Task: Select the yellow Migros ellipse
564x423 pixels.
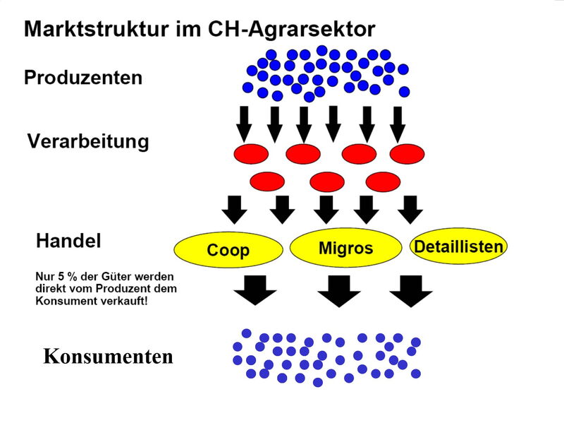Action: pyautogui.click(x=345, y=248)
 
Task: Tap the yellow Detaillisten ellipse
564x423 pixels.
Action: pyautogui.click(x=458, y=247)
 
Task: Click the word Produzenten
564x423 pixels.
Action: pyautogui.click(x=83, y=77)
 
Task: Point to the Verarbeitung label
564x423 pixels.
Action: pyautogui.click(x=88, y=141)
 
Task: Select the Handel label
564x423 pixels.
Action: pyautogui.click(x=68, y=240)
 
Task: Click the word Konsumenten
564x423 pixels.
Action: pyautogui.click(x=108, y=357)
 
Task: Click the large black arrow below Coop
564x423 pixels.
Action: pyautogui.click(x=255, y=289)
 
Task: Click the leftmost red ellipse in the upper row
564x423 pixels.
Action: pyautogui.click(x=251, y=153)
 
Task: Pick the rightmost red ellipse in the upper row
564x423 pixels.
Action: pyautogui.click(x=407, y=153)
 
